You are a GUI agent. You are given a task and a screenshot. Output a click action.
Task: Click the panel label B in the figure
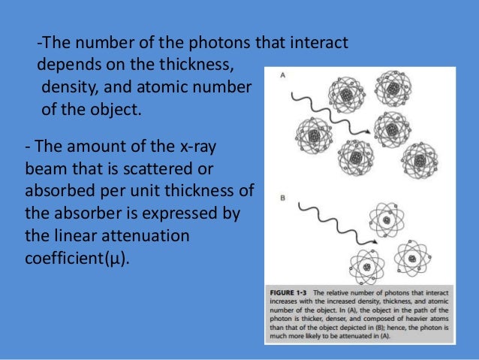click(x=281, y=198)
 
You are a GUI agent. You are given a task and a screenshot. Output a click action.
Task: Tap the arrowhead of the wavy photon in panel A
click(x=367, y=132)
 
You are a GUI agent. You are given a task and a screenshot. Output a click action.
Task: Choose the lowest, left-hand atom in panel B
click(x=363, y=266)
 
